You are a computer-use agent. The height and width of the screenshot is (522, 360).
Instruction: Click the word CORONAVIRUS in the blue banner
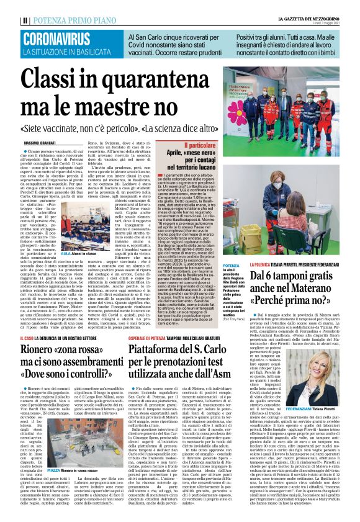(55, 38)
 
